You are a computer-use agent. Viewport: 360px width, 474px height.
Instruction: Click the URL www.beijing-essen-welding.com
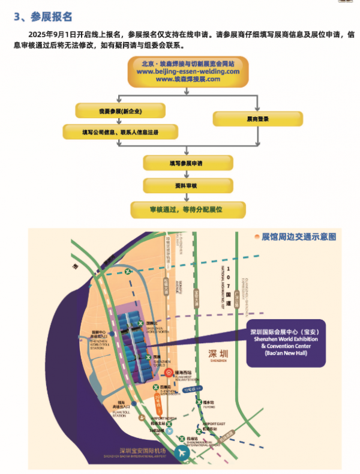[188, 71]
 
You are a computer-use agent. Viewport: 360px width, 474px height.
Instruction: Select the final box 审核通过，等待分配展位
[188, 210]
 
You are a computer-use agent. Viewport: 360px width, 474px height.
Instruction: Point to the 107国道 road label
[227, 282]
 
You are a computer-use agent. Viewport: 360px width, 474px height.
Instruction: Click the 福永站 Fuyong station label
[208, 403]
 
